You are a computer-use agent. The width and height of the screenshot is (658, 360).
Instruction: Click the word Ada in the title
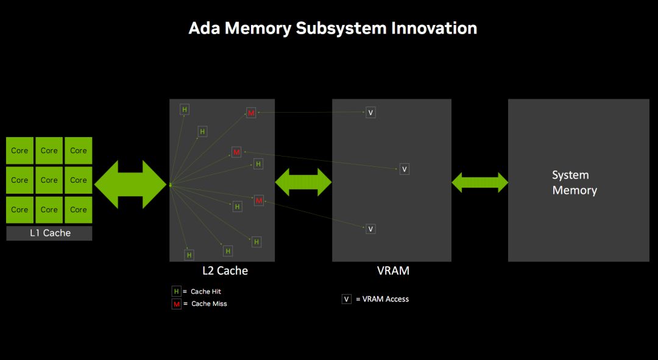click(205, 28)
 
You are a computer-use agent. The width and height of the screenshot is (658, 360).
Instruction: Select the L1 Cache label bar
click(49, 233)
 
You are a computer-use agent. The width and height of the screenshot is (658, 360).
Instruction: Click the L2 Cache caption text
click(225, 270)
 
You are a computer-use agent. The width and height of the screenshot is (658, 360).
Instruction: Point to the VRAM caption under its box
click(393, 270)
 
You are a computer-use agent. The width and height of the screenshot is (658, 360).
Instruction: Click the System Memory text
click(574, 183)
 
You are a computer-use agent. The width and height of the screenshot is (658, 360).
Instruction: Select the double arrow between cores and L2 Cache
click(130, 185)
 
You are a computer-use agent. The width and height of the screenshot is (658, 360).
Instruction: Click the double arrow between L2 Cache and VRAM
click(303, 182)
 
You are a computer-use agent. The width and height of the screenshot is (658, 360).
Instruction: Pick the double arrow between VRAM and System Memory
click(479, 182)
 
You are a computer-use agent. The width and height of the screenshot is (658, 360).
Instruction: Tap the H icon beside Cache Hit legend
click(177, 292)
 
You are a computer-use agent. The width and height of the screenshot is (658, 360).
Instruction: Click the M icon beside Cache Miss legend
click(177, 304)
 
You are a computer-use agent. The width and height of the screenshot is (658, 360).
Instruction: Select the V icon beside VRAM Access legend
click(346, 299)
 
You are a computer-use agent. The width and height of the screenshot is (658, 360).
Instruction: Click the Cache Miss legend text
click(209, 304)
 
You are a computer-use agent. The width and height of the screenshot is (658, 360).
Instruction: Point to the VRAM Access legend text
click(385, 299)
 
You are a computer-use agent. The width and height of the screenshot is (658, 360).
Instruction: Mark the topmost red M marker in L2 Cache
click(251, 113)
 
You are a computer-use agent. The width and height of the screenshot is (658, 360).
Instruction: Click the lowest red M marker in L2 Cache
click(259, 200)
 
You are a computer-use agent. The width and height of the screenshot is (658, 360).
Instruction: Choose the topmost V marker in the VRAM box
click(370, 113)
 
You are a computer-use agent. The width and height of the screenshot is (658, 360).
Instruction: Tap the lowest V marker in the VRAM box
click(370, 229)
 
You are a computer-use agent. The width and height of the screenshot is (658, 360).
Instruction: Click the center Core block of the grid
click(49, 180)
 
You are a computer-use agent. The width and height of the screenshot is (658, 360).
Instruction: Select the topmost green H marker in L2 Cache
click(185, 110)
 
